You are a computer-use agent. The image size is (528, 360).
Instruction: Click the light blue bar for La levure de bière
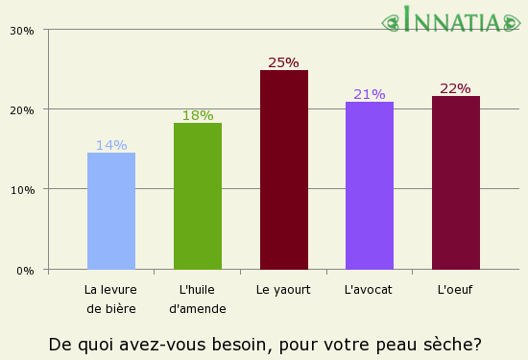tap(111, 211)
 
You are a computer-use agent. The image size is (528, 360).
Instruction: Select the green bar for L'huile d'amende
tap(198, 196)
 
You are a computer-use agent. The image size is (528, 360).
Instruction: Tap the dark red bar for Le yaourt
tap(284, 170)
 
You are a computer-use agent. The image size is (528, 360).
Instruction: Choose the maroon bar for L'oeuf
tap(456, 182)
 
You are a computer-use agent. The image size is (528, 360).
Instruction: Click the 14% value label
tap(111, 145)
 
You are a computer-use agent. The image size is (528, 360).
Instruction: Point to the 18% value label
tap(198, 115)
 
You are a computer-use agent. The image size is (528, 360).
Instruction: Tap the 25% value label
tap(283, 62)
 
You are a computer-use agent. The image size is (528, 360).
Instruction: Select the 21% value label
tap(370, 94)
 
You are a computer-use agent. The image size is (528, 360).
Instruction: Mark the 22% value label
tap(455, 88)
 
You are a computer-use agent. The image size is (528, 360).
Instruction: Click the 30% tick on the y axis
tap(23, 30)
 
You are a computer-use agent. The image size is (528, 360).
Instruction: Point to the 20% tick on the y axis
tap(23, 109)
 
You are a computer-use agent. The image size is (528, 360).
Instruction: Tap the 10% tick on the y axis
tap(23, 189)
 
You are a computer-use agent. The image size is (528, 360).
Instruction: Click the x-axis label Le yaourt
tap(283, 289)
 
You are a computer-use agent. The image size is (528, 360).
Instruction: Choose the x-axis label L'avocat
tap(368, 289)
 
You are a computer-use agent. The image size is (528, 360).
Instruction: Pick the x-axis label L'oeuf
tap(455, 289)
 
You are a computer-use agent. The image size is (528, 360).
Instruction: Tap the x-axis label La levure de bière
tap(111, 299)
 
